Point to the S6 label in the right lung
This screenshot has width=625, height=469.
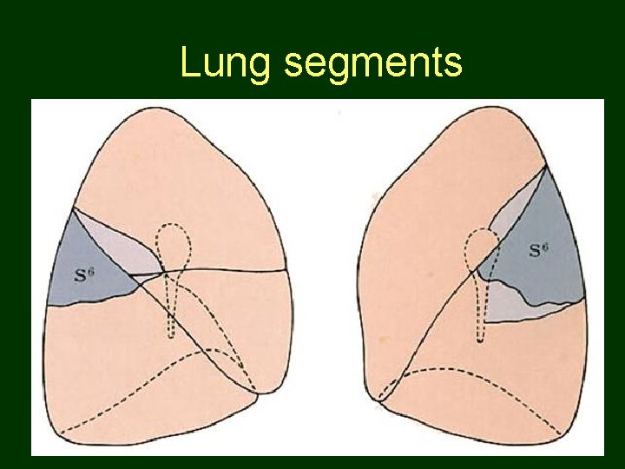[539, 252]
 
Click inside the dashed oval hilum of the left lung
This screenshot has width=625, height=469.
[174, 248]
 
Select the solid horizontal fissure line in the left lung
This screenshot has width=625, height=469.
[234, 271]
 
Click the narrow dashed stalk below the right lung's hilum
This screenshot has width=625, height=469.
[478, 308]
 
